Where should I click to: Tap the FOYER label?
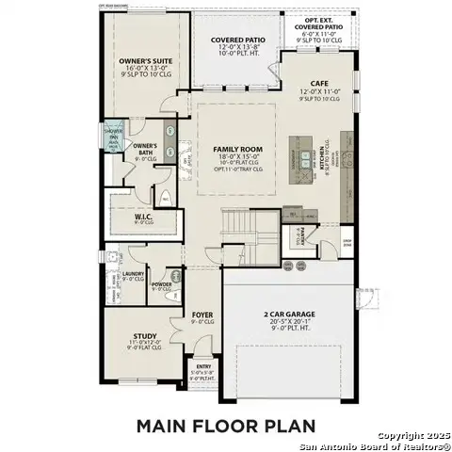(202, 315)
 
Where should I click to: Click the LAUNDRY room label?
(133, 274)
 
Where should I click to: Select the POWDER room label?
(161, 283)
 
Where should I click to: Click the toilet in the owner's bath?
(165, 199)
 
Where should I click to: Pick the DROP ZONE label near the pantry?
(347, 243)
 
